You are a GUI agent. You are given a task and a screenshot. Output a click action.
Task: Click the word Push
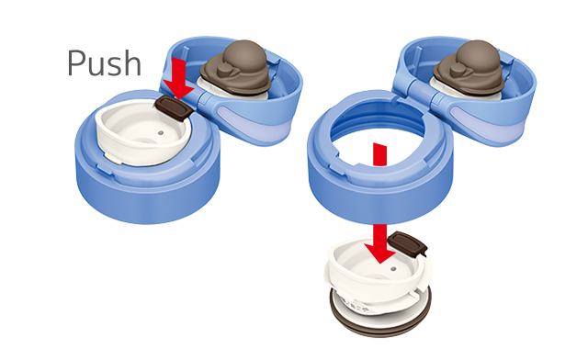[104, 63]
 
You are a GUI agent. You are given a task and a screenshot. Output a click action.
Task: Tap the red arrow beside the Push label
[179, 78]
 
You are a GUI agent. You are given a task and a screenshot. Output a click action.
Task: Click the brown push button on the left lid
[175, 108]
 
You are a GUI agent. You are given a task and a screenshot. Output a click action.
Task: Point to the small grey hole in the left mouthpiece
[161, 133]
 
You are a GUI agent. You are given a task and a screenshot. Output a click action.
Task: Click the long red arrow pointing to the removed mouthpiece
[379, 203]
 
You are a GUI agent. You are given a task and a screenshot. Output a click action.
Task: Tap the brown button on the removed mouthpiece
[407, 243]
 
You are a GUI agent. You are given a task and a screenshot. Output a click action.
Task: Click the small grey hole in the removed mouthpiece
[393, 269]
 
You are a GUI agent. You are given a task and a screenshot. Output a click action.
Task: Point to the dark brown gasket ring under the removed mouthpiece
[380, 321]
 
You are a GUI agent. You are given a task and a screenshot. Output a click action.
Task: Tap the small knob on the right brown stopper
[458, 70]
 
